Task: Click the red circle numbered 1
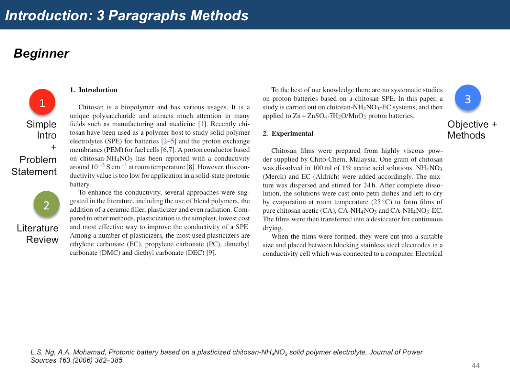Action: [x=42, y=102]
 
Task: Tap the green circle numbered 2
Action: [x=47, y=204]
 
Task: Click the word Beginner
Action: [x=41, y=53]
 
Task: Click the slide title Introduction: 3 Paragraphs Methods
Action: [x=127, y=15]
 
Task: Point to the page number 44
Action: [x=475, y=366]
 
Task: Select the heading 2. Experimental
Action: [x=288, y=133]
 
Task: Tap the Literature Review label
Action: [x=38, y=234]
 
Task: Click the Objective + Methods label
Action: [x=471, y=129]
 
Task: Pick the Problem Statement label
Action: [x=34, y=165]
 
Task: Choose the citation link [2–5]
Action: [x=169, y=141]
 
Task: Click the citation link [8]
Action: [x=190, y=167]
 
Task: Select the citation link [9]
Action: [x=210, y=253]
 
